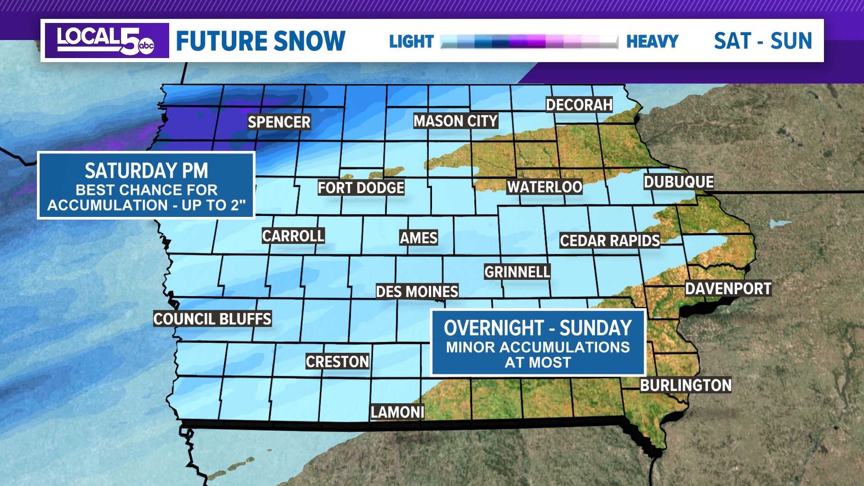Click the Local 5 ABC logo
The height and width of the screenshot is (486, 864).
[107, 40]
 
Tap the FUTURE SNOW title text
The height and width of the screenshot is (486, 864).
[261, 41]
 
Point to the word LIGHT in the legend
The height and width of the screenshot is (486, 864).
[411, 41]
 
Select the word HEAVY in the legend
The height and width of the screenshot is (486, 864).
[652, 41]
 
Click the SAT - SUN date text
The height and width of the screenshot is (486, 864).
[763, 41]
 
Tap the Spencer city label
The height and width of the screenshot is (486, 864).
[279, 122]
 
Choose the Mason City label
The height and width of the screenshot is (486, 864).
[455, 121]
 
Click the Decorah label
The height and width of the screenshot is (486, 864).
[579, 105]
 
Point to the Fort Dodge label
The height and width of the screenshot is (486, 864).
[361, 188]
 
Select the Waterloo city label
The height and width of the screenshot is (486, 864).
[544, 187]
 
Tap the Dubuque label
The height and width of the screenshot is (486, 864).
[679, 182]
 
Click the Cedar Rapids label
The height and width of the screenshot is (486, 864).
[610, 241]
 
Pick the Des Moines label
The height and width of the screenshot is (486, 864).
[417, 292]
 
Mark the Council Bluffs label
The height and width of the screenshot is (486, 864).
[212, 319]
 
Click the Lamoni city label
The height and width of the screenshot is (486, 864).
[397, 412]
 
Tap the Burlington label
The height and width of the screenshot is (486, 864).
[686, 385]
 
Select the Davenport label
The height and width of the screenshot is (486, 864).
[728, 288]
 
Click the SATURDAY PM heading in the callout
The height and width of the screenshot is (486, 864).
[146, 171]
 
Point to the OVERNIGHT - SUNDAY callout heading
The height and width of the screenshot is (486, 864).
[538, 328]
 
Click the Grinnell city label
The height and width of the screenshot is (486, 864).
[517, 272]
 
